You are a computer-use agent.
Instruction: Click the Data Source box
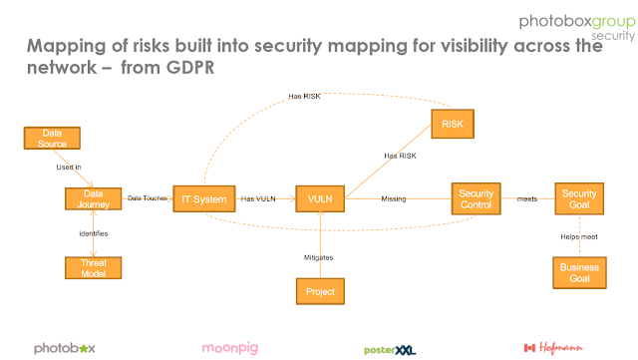[52, 138]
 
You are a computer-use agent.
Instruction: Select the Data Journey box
[93, 198]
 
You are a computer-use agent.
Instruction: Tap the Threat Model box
[93, 268]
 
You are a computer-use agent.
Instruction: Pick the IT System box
[204, 198]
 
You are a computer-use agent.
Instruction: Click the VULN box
[320, 198]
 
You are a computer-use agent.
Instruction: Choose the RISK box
[453, 124]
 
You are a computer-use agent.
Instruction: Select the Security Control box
[477, 198]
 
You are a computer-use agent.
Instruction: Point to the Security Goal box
[579, 198]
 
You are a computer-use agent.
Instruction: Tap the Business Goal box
[579, 273]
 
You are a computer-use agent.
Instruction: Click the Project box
[320, 291]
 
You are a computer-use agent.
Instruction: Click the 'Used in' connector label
[69, 167]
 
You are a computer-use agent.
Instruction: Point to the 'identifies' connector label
[94, 233]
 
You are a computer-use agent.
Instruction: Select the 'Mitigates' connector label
[319, 257]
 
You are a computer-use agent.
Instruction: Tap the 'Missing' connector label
[394, 198]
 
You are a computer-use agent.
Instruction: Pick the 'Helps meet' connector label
[579, 236]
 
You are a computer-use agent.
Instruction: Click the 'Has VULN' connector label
[258, 198]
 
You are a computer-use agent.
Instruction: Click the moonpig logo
[230, 348]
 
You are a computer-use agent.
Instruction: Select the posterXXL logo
[390, 350]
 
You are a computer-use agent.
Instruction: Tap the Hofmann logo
[553, 348]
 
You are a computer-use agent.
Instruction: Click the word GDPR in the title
[190, 68]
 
